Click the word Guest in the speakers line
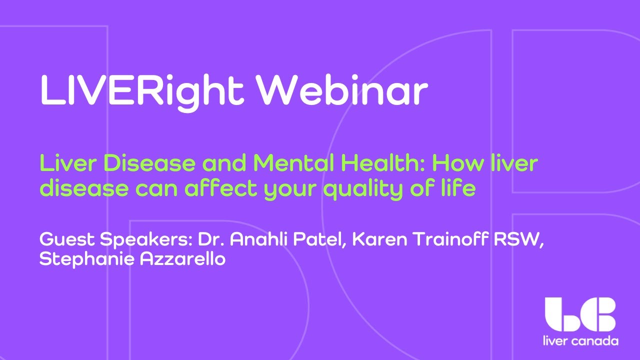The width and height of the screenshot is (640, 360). (67, 240)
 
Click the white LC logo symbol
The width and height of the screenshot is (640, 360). (580, 314)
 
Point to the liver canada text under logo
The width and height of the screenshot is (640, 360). (580, 341)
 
